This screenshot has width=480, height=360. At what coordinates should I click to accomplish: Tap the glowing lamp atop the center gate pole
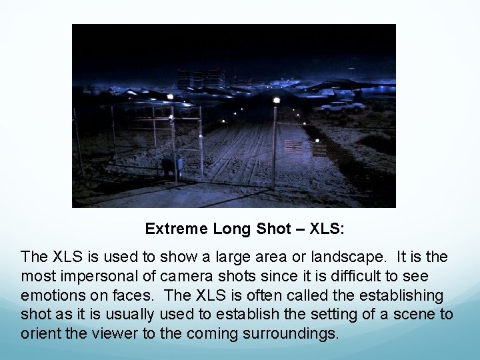[x=276, y=101]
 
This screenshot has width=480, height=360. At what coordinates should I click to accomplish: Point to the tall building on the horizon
[x=201, y=79]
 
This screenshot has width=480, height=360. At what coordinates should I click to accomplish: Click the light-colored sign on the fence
[x=293, y=146]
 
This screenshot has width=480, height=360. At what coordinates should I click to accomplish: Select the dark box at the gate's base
[x=171, y=165]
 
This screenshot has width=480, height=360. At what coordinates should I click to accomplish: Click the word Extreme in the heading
[x=177, y=229]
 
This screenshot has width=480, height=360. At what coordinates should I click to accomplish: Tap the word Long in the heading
[x=233, y=229]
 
